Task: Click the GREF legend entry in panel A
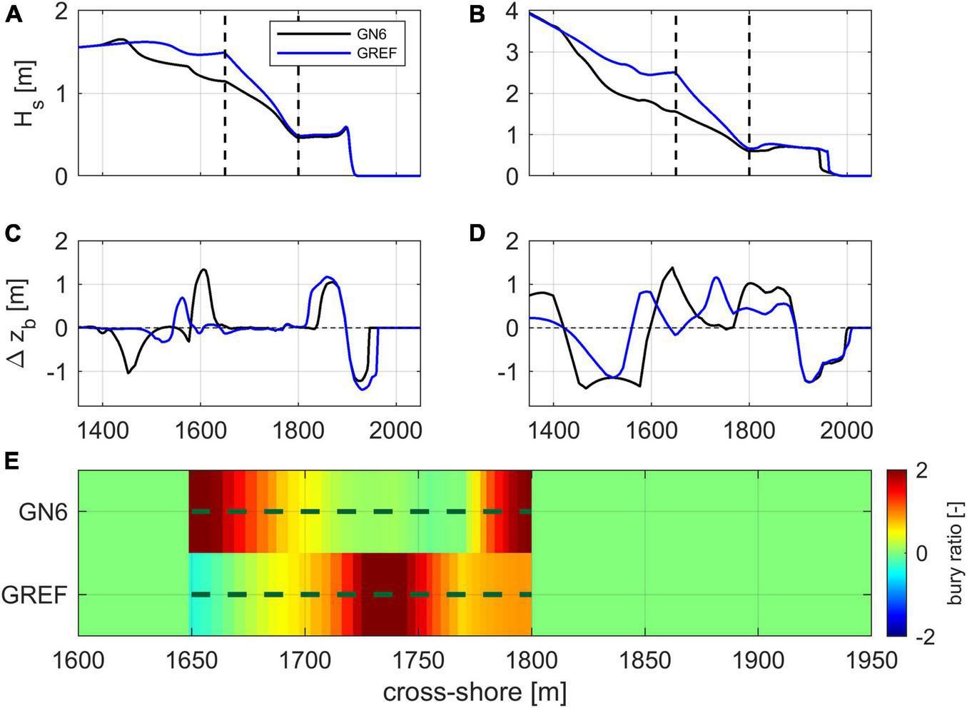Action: (x=379, y=53)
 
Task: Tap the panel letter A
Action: (x=13, y=15)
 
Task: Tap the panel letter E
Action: (x=12, y=462)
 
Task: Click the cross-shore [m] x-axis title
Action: (x=475, y=691)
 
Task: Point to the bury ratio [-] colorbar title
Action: (x=954, y=552)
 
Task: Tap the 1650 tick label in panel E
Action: (x=191, y=660)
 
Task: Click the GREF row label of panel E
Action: (x=35, y=595)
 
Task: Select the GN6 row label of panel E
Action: (x=44, y=512)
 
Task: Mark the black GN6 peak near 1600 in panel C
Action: (x=204, y=270)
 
